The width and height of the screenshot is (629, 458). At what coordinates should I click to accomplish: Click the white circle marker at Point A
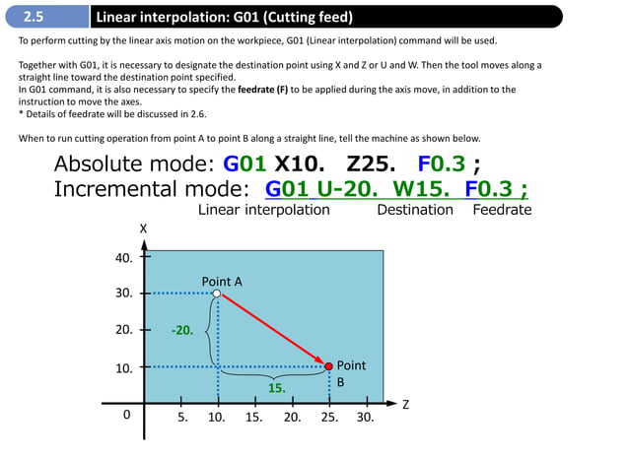[217, 293]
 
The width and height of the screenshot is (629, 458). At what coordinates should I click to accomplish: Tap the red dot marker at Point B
[329, 365]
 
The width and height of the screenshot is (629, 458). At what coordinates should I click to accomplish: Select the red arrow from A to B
[273, 329]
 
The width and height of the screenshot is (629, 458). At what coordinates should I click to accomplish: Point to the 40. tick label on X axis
[124, 258]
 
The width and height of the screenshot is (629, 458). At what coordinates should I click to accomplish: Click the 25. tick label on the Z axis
[329, 417]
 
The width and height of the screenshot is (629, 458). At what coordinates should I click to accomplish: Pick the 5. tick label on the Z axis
[182, 417]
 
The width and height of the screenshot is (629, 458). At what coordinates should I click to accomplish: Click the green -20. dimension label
[181, 330]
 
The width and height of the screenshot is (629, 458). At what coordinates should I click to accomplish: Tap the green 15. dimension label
[277, 388]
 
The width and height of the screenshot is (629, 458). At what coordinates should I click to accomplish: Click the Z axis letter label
[404, 404]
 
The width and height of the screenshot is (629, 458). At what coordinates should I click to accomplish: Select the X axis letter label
[144, 229]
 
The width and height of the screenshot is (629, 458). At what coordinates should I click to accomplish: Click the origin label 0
[126, 416]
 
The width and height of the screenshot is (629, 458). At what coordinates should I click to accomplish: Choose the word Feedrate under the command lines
[502, 210]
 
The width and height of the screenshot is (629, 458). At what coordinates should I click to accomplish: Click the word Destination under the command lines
[415, 210]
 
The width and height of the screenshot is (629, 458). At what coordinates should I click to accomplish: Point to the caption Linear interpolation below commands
[264, 210]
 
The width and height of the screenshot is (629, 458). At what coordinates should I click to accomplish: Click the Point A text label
[222, 282]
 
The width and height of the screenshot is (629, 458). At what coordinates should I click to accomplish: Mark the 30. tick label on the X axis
[124, 294]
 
